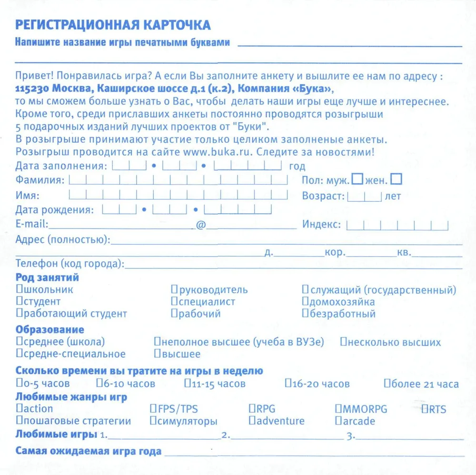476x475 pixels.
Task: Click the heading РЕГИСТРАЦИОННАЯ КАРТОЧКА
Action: tap(113, 25)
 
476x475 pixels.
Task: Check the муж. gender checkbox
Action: tap(357, 179)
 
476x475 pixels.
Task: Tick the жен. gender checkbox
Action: tap(396, 179)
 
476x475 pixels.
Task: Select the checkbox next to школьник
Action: tap(19, 289)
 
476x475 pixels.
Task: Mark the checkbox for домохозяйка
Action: tap(305, 301)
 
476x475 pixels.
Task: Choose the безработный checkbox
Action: tap(305, 313)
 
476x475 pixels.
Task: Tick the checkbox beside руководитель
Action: tap(175, 289)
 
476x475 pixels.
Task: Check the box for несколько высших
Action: tap(344, 342)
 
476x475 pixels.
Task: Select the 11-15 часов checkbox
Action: tap(188, 383)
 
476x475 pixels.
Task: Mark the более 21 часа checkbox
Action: tap(387, 383)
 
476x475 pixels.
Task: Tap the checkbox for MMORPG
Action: tap(338, 409)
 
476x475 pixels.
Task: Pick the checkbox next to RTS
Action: tap(425, 409)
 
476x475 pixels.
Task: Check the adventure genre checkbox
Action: tap(252, 421)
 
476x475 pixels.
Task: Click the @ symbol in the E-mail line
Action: tap(200, 225)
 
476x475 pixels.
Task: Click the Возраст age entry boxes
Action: tap(365, 196)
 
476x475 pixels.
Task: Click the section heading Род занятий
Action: tap(47, 277)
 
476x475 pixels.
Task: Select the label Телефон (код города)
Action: tap(69, 264)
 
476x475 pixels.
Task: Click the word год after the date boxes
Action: tap(297, 167)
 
